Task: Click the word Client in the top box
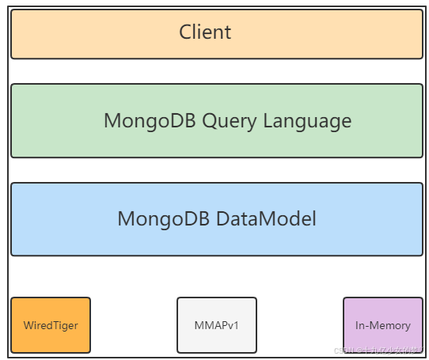coord(205,32)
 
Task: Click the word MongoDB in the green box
coord(150,121)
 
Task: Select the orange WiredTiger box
coord(51,324)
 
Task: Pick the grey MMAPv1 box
coord(217,324)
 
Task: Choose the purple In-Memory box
coord(383,324)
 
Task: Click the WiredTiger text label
coord(51,325)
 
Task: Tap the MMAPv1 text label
coord(217,325)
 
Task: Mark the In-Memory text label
coord(383,325)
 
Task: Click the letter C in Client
coord(185,32)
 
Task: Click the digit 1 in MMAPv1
coord(237,325)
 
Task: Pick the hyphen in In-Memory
coord(366,326)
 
